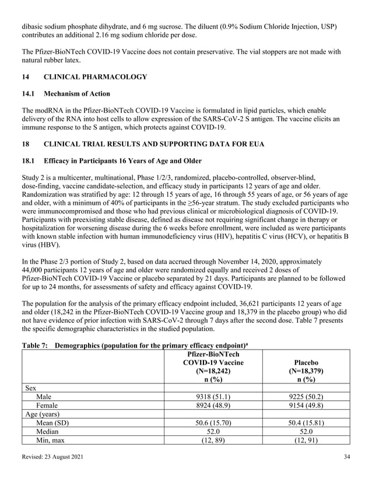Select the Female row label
47,406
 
